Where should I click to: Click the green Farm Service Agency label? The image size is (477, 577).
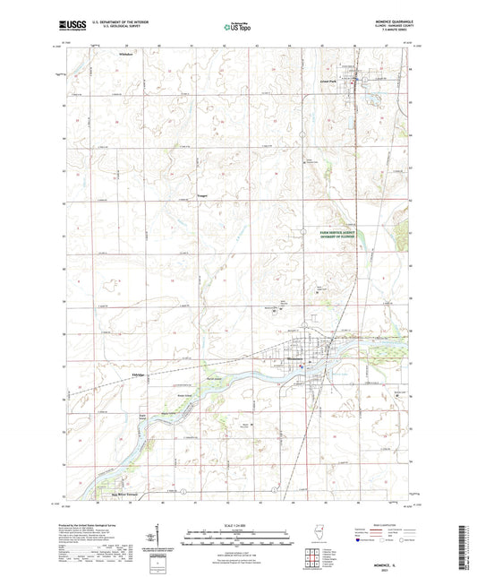click(x=345, y=233)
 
